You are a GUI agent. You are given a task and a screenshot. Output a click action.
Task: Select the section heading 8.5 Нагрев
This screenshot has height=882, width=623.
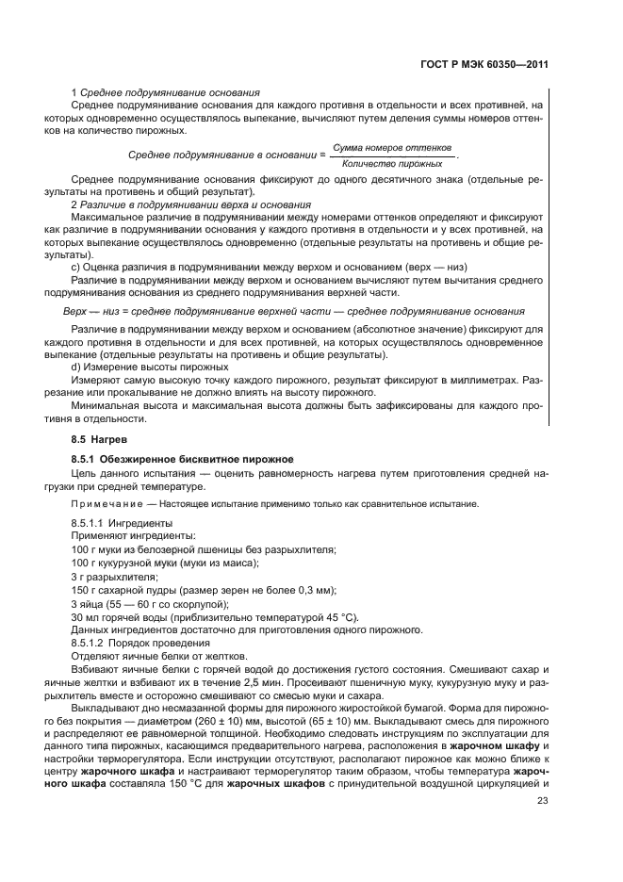point(99,440)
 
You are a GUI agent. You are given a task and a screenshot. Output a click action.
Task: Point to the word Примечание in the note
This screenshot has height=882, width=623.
point(103,503)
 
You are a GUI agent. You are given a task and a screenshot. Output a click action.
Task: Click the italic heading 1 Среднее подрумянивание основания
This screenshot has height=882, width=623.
point(166,92)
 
